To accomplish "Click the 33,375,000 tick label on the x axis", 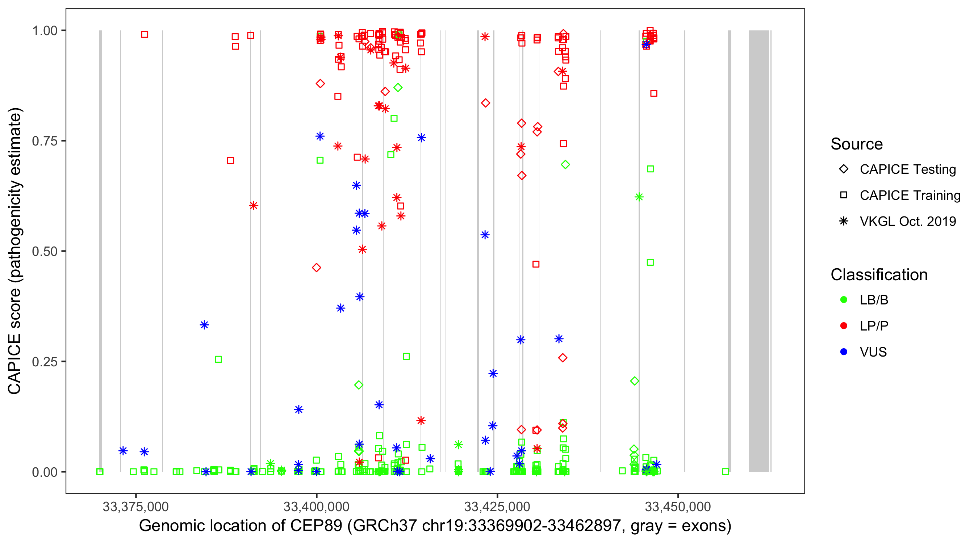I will [x=135, y=506].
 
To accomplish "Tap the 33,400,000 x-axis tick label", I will [x=316, y=506].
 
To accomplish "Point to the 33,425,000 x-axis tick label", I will [x=497, y=506].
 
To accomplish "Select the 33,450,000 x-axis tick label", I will [x=678, y=506].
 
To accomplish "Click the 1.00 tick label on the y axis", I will [x=45, y=30].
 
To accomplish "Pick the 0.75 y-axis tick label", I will [x=45, y=141].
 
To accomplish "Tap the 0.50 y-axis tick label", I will [x=45, y=251].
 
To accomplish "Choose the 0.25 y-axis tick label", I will [x=45, y=361].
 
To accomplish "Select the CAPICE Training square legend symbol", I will [x=844, y=195].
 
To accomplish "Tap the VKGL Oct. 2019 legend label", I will [x=908, y=221].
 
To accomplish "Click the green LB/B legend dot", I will [x=844, y=300].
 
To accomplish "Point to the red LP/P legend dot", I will [x=844, y=326].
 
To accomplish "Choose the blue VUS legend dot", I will [x=844, y=352].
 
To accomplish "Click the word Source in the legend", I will [x=857, y=144].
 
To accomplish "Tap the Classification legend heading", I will [x=879, y=275].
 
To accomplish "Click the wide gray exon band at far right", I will [x=758, y=251].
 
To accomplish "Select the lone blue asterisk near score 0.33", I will [x=204, y=325].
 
